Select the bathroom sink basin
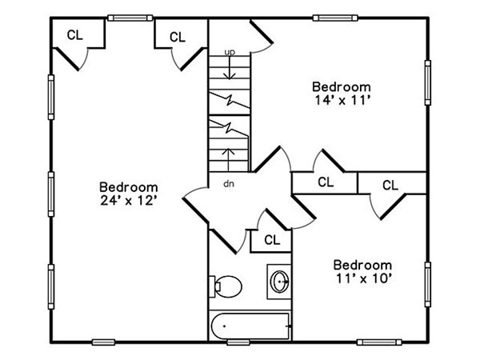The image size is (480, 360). click(280, 282)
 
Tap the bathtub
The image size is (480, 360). click(250, 326)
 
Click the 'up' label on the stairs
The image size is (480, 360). click(230, 52)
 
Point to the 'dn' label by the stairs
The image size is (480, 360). click(229, 184)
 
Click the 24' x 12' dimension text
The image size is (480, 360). click(129, 201)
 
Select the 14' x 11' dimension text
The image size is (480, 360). click(343, 100)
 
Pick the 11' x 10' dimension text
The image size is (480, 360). click(364, 278)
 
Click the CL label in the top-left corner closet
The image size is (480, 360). click(75, 35)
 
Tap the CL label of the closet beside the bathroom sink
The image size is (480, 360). click(272, 240)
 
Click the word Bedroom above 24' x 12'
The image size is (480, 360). click(129, 187)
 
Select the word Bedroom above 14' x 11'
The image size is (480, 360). click(342, 87)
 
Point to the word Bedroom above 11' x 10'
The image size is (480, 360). click(362, 265)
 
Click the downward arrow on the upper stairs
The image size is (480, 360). click(230, 68)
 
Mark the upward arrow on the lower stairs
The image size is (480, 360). click(229, 160)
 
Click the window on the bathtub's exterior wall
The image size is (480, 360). click(238, 342)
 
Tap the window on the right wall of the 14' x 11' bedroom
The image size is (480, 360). click(428, 82)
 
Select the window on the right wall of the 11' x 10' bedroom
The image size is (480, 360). click(428, 284)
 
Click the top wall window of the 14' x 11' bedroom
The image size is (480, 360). click(335, 18)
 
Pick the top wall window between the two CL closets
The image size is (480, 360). click(130, 18)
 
